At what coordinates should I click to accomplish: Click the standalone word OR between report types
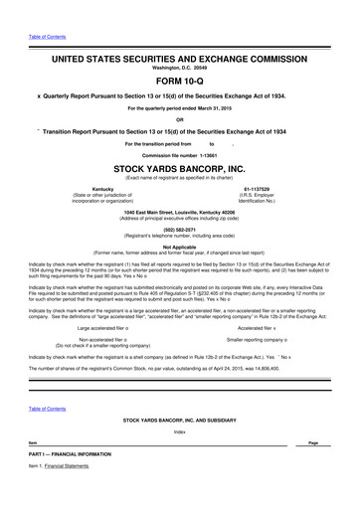click(x=179, y=120)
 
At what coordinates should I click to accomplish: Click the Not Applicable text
click(x=179, y=246)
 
